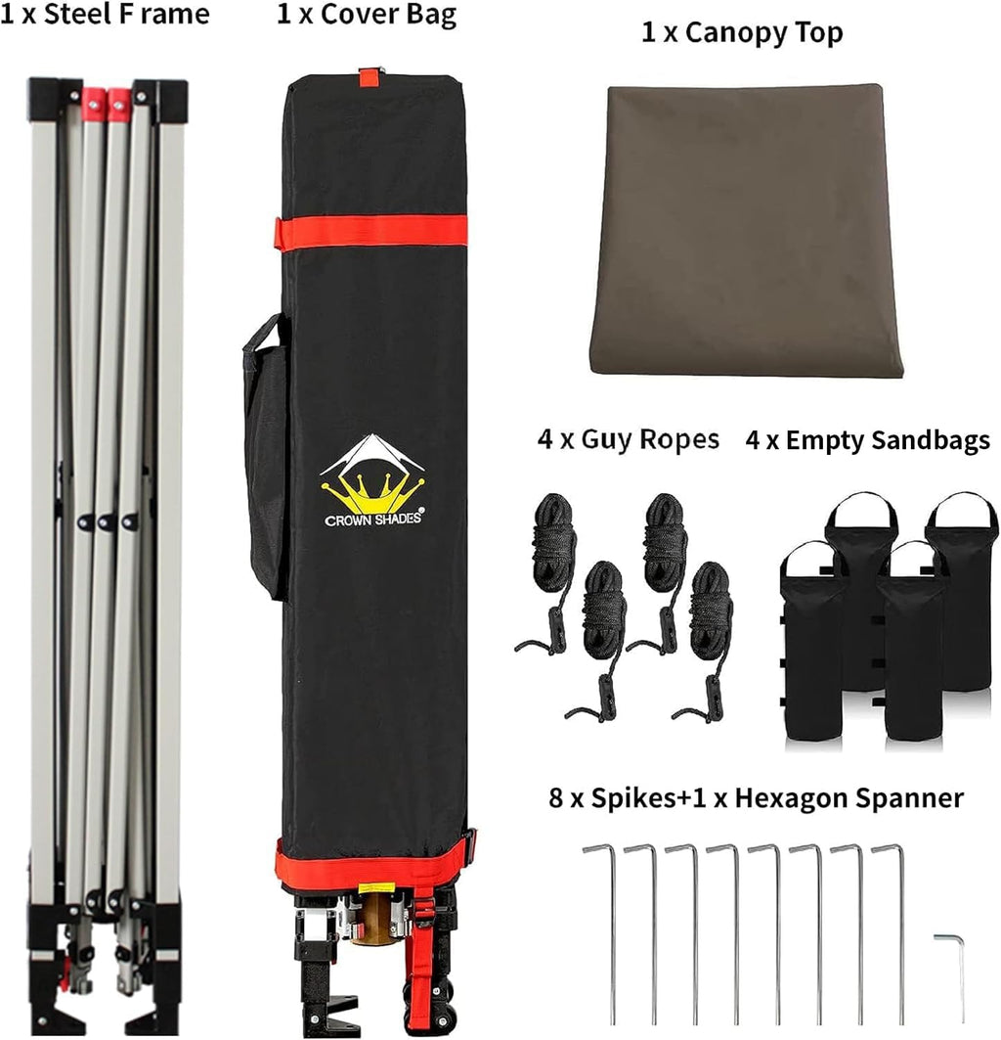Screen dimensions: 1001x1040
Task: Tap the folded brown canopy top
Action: tap(747, 229)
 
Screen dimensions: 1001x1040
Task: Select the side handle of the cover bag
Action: tap(264, 458)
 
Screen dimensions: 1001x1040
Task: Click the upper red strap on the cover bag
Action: tap(371, 232)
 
